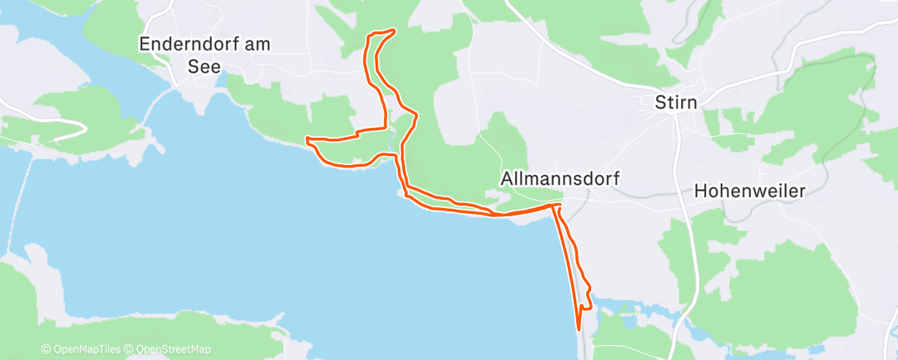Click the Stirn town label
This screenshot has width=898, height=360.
tap(675, 103)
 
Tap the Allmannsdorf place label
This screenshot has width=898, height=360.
tap(560, 178)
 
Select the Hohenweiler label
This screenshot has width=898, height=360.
tap(749, 191)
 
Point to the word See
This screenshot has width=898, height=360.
tap(204, 67)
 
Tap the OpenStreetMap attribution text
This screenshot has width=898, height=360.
tap(170, 350)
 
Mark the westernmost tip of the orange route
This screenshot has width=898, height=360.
tap(307, 139)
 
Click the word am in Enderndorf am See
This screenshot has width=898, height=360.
tap(259, 45)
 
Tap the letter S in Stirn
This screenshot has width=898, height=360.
tap(659, 103)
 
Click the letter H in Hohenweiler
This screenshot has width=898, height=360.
tap(701, 191)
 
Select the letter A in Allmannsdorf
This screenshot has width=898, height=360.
tap(507, 178)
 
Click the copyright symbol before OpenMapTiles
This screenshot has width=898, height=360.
tap(45, 350)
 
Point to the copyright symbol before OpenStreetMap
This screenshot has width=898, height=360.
tap(130, 350)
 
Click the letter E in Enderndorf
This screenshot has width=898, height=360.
tap(146, 45)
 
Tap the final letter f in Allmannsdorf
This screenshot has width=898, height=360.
tap(617, 178)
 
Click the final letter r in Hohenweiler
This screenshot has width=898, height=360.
tap(801, 191)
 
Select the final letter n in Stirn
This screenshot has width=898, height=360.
tap(692, 103)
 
